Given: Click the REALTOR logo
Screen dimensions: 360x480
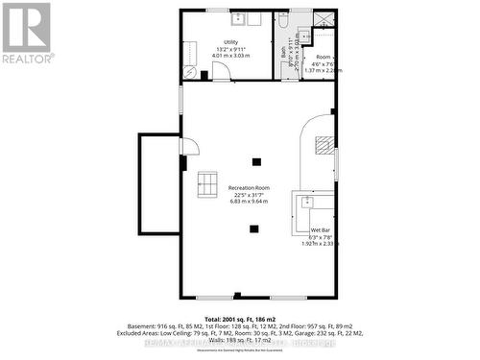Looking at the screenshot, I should pos(26,34).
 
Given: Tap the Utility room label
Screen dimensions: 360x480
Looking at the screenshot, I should pos(231,42).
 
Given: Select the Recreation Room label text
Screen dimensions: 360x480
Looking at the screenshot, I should pos(249,187).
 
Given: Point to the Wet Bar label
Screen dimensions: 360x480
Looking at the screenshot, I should pos(321,230).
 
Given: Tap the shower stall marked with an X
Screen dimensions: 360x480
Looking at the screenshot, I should pos(324,18).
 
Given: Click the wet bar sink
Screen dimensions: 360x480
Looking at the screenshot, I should pos(306,202).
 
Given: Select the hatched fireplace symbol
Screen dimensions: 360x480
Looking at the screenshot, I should pos(324,145).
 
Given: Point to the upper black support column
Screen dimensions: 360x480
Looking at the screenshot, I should pos(255,160).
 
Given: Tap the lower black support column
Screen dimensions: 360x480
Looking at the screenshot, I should pos(253,228).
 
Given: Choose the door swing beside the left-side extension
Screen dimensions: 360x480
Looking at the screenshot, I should pos(190,147).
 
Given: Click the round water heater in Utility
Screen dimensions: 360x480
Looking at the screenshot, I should pos(189,73).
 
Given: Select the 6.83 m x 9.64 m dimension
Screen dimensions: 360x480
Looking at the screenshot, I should pos(249,202).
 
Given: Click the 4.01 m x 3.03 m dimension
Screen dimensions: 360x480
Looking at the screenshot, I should pos(230,56).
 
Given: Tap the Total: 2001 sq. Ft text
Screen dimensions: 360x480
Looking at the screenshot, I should pos(240,318).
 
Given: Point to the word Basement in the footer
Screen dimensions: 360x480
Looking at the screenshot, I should pos(170,326).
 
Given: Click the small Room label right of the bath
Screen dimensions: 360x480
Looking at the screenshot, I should pos(324,58).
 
